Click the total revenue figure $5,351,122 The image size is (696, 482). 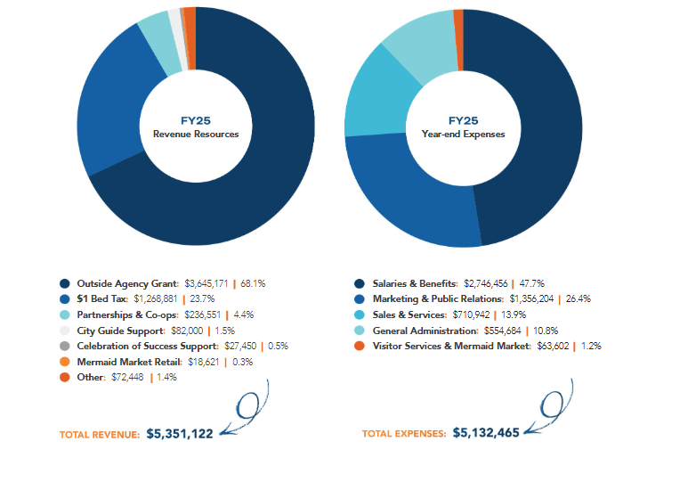pos(181,434)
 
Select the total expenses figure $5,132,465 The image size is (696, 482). pos(487,434)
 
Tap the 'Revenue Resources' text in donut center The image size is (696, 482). pos(196,134)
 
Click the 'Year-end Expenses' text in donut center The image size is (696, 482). pos(463,134)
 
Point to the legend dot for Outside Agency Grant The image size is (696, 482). pos(65,283)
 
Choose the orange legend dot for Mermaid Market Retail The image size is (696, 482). pos(65,361)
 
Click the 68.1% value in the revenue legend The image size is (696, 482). pos(252,283)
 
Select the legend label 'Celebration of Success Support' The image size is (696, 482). pos(147,346)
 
